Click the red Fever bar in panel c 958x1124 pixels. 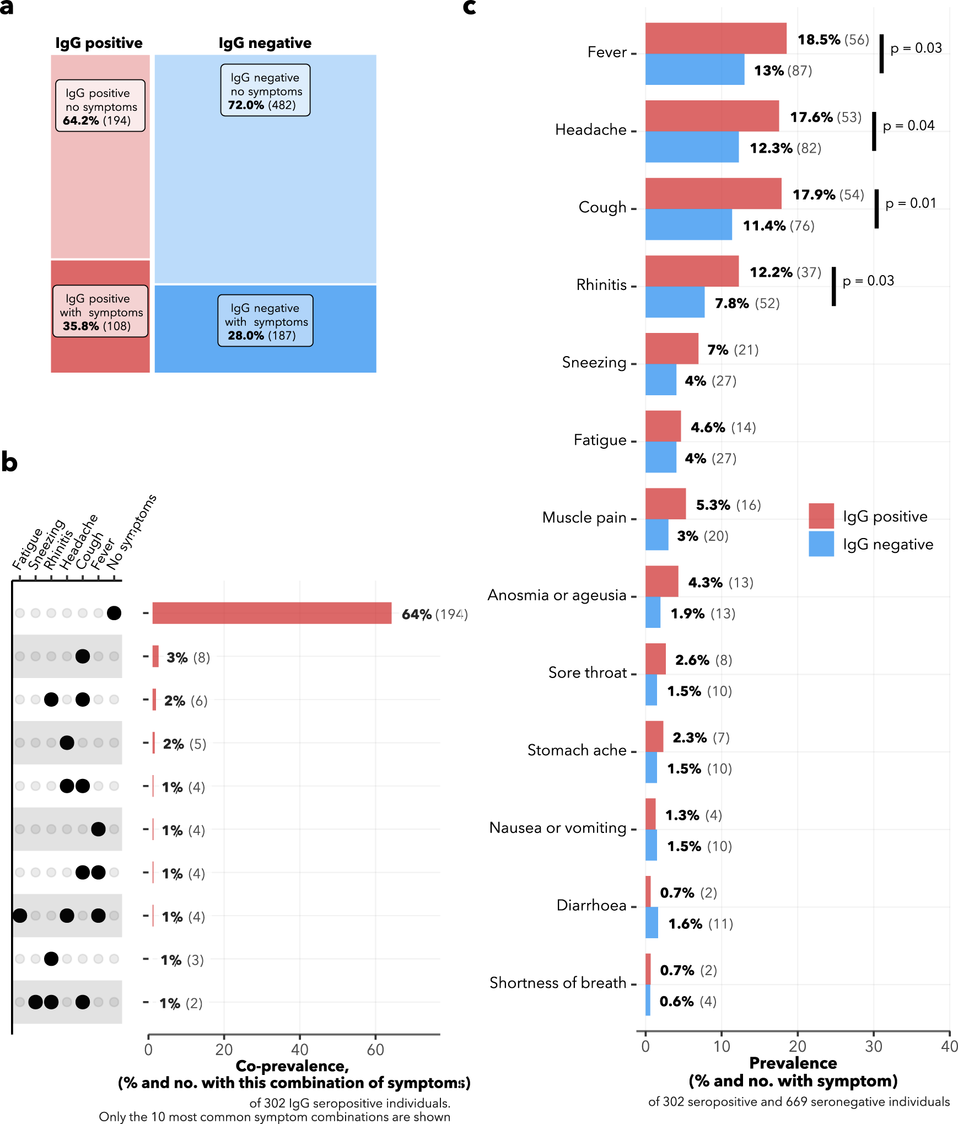(x=715, y=38)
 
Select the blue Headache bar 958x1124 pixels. (x=692, y=147)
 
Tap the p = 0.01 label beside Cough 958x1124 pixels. (x=911, y=203)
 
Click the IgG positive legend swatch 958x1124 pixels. (x=821, y=516)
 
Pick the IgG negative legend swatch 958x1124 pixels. (x=821, y=544)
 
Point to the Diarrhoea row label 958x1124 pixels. (x=591, y=905)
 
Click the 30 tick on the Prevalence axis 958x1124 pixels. (x=873, y=1046)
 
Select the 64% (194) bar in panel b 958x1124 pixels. (x=271, y=613)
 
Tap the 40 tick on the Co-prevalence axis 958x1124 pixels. (x=299, y=1049)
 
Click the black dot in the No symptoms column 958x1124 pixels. (x=114, y=613)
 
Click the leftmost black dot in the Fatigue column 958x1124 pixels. (x=20, y=916)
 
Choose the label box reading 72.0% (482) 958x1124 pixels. (x=265, y=90)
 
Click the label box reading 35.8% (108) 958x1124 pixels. (x=100, y=311)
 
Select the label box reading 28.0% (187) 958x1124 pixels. (x=265, y=321)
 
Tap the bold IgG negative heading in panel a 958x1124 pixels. (x=265, y=43)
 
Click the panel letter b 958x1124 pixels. (x=9, y=462)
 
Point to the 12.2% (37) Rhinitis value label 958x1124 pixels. (x=785, y=272)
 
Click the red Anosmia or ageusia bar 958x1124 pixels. (x=661, y=581)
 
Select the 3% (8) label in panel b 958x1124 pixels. (x=188, y=657)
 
